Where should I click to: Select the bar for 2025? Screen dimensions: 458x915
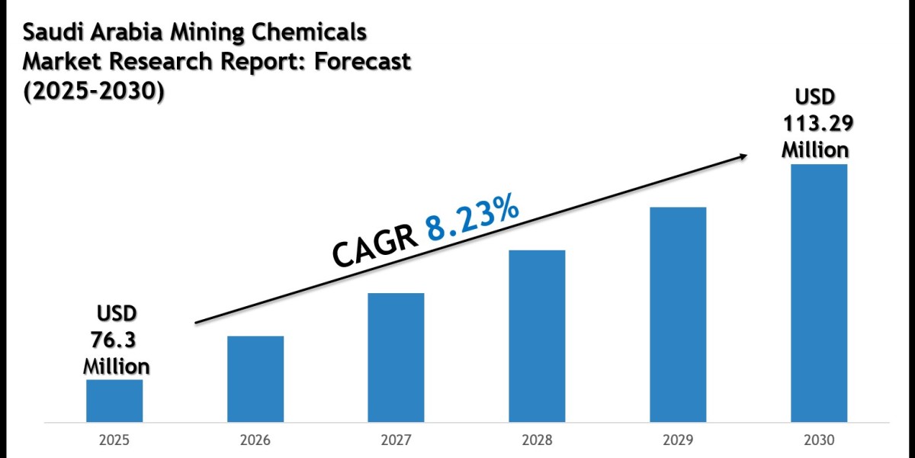click(x=114, y=400)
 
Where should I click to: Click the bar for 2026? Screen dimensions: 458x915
click(x=255, y=379)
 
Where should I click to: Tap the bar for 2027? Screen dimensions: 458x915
click(x=396, y=357)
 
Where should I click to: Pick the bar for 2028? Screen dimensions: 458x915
click(x=537, y=336)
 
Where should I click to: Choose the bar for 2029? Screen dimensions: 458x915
click(x=678, y=314)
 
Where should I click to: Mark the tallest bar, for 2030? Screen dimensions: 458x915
click(x=819, y=292)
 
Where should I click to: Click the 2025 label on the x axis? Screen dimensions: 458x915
click(x=114, y=440)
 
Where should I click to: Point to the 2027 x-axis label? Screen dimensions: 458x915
click(x=396, y=440)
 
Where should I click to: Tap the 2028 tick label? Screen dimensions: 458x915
click(x=537, y=440)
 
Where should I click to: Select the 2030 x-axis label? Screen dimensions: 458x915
click(x=819, y=440)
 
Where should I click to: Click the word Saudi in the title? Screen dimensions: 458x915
click(x=50, y=33)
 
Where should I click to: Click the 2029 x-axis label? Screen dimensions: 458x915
click(x=678, y=440)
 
